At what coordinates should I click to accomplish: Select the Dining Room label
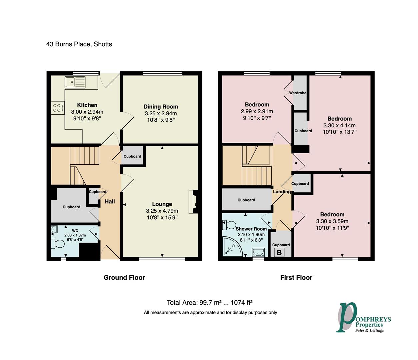coord(161,107)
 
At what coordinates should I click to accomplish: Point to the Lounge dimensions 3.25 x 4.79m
coord(162,211)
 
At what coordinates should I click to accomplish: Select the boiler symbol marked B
coord(279,253)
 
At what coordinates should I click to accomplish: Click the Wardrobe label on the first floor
coord(298,93)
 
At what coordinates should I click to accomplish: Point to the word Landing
coord(282,192)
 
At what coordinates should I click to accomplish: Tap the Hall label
coord(110,201)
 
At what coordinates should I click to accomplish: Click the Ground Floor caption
coord(124,277)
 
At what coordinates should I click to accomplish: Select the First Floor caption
coord(296,277)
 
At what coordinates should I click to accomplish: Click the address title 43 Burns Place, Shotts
coord(79,44)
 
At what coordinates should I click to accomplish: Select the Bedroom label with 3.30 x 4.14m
coord(339,119)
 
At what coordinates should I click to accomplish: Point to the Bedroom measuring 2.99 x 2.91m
coord(257,105)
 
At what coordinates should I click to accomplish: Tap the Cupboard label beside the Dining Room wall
coord(132,156)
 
